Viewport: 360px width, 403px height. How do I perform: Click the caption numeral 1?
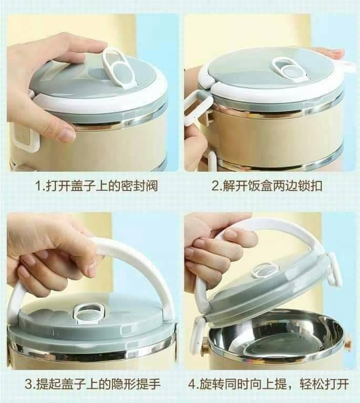point(37,186)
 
